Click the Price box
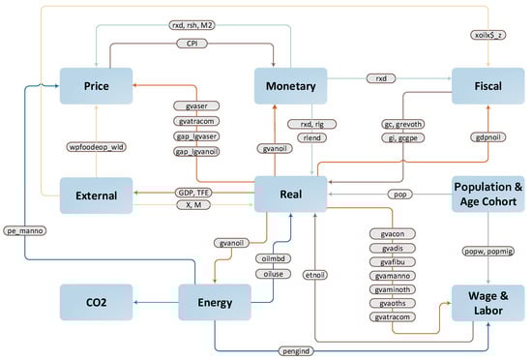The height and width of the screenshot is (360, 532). tap(95, 86)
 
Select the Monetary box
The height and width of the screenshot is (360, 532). tap(292, 86)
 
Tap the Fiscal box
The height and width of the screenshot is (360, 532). tap(488, 86)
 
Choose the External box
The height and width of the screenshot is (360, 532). tap(95, 195)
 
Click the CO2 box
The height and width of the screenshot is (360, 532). tap(95, 303)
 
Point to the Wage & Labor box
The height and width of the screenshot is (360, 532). tap(488, 303)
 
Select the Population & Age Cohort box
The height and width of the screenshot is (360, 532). tap(488, 195)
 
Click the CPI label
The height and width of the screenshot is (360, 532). tap(194, 44)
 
